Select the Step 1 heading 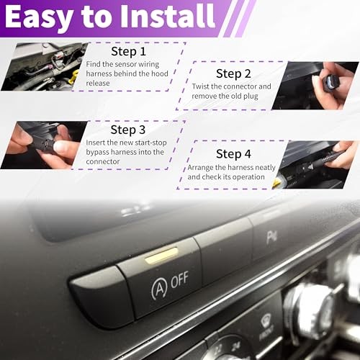coord(128,52)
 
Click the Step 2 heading coord(234,73)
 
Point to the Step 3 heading coord(129,130)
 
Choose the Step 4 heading coord(234,153)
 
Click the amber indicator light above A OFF coord(161,253)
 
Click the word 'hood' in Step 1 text coord(156,74)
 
